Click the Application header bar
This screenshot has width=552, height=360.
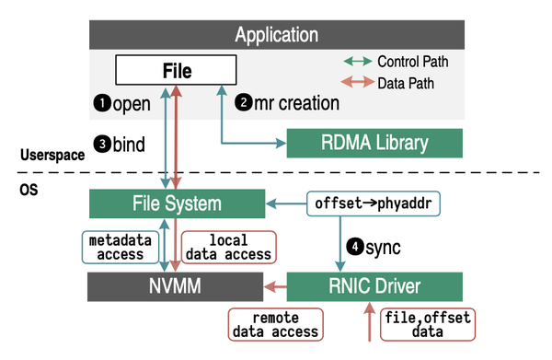point(275,35)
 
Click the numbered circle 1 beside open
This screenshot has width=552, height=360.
point(101,103)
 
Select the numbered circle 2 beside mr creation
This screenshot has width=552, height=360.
point(244,103)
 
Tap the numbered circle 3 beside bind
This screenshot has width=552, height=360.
point(101,144)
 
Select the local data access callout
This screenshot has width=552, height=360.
point(229,246)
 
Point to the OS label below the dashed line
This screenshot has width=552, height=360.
point(29,188)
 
